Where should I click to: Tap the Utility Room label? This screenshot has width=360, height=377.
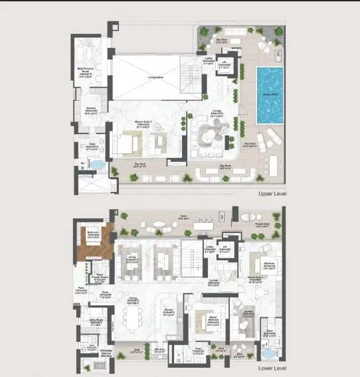(85, 321)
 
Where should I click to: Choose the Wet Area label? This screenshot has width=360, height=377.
(159, 349)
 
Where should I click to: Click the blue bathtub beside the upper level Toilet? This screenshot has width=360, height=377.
(97, 164)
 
